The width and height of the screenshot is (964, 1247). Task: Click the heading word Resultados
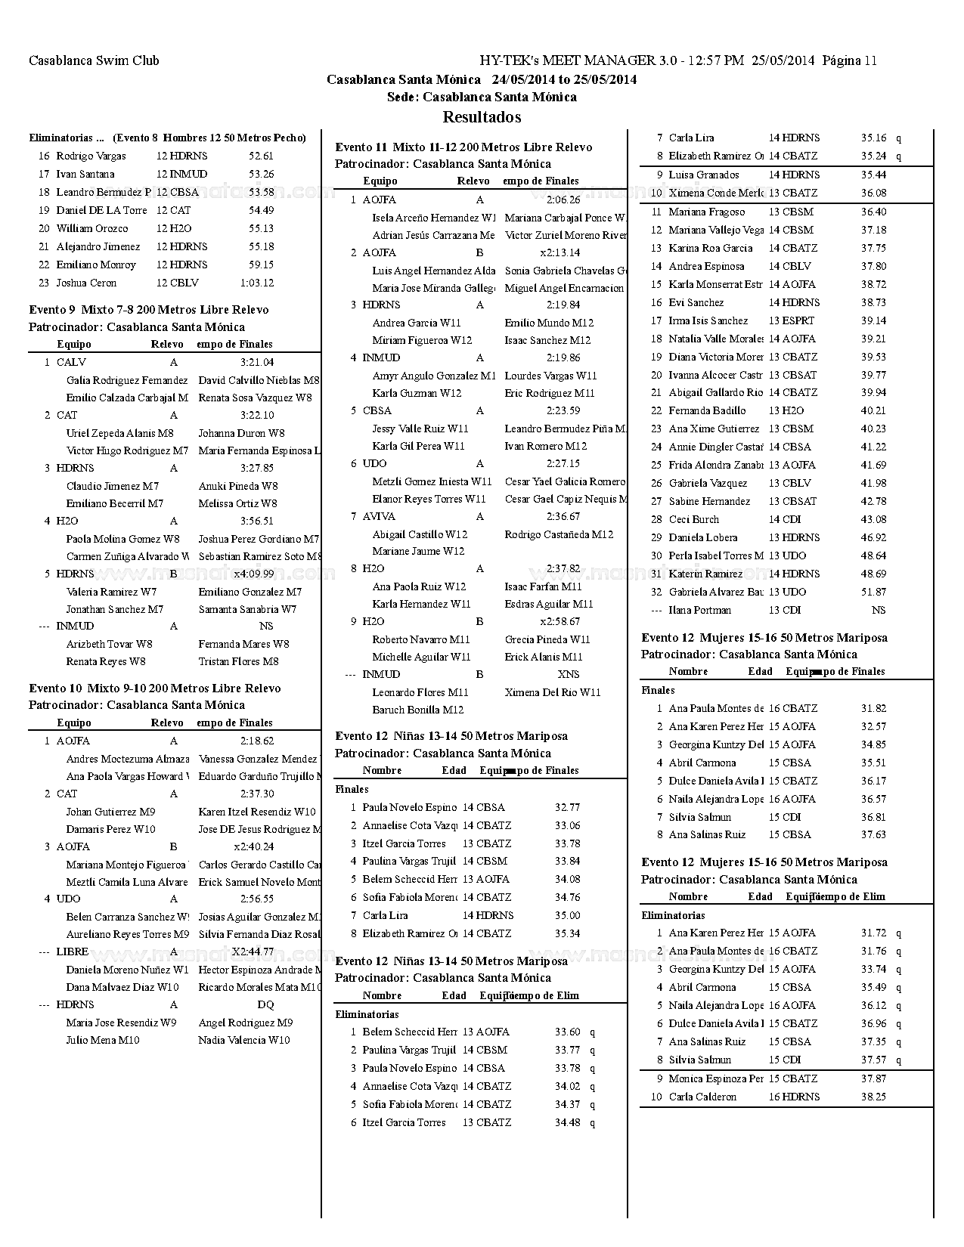[482, 117]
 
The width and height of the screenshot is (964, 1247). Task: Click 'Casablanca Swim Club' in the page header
[94, 60]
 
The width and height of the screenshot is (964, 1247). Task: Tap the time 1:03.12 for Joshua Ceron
[256, 283]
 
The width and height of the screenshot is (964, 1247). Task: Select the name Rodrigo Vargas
[91, 156]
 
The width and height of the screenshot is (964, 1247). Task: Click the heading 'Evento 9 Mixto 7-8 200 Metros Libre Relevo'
[148, 310]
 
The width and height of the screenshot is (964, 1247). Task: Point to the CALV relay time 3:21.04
[257, 362]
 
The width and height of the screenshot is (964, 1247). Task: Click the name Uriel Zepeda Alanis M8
[119, 433]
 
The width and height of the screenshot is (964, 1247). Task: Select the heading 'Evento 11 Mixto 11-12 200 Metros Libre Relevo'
[463, 147]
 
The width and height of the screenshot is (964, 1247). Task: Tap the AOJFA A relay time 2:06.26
[563, 200]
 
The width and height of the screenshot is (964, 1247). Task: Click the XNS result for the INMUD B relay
[569, 674]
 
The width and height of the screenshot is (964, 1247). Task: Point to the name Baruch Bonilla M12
[417, 710]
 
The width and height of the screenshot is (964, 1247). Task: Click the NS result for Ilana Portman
[879, 610]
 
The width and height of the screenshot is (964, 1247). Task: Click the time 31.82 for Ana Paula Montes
[873, 708]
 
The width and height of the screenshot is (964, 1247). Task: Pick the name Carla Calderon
[702, 1097]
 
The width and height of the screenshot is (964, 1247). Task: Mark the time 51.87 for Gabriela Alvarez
[873, 592]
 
